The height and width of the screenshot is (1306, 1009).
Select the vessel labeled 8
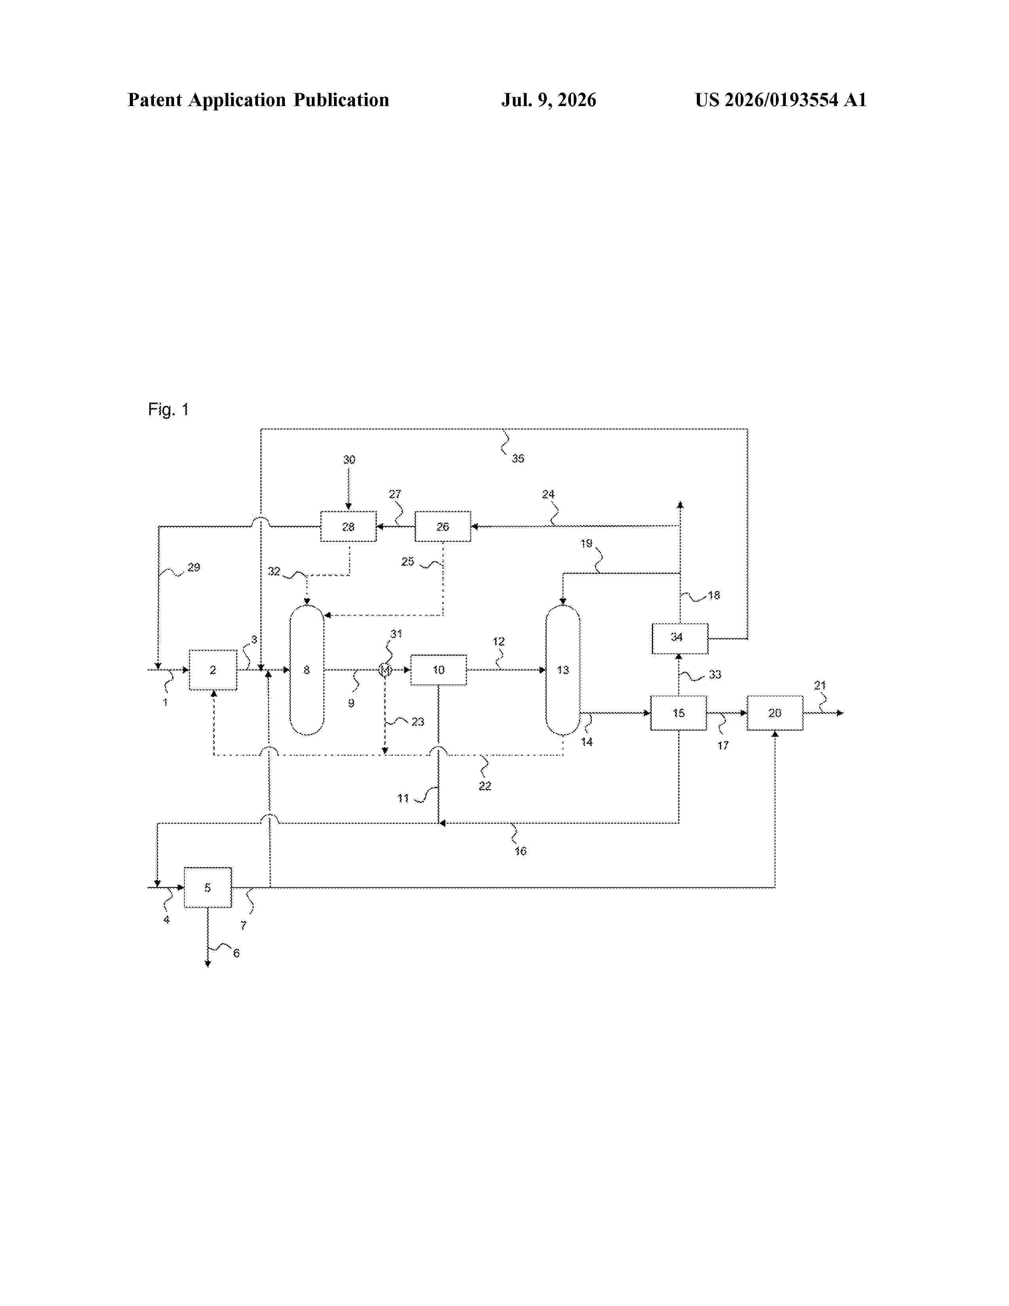[307, 670]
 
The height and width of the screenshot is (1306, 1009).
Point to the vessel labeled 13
[563, 670]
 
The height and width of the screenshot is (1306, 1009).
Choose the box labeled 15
[679, 713]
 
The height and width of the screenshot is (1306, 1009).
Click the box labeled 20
[775, 713]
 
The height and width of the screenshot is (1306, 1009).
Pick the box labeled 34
[680, 638]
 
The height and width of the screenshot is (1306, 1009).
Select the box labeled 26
[442, 526]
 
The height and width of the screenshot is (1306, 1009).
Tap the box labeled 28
[349, 526]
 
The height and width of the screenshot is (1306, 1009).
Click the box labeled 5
[207, 887]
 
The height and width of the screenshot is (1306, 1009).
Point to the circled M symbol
[385, 670]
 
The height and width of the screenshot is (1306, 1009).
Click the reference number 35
[518, 458]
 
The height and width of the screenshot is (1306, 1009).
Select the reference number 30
[349, 459]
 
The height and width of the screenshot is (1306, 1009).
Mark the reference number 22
[485, 786]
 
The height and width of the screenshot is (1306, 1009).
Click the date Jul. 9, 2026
[549, 100]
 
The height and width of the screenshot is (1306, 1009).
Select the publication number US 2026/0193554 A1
[781, 100]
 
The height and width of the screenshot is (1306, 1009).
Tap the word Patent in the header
[155, 100]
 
